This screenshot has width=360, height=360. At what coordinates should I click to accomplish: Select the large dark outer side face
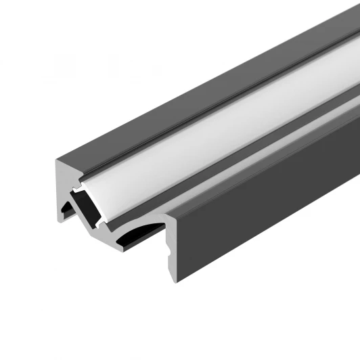[271, 223]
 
